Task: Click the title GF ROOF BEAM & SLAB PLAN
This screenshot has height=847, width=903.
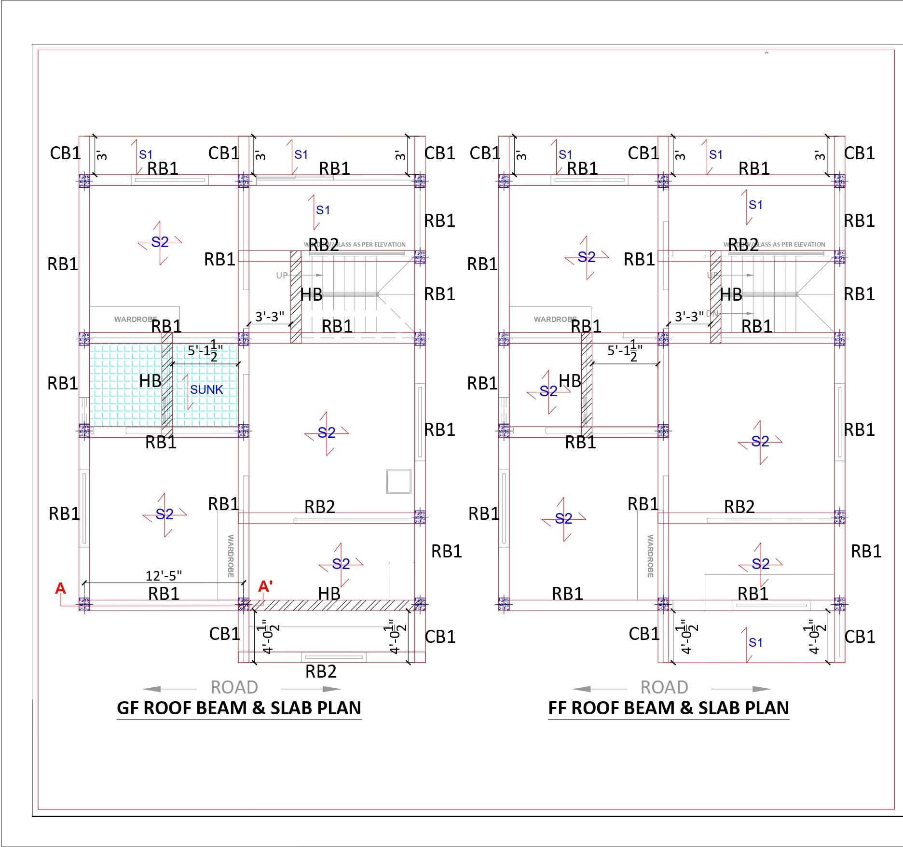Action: point(239,708)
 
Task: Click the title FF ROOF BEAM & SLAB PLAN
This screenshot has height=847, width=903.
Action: point(669,708)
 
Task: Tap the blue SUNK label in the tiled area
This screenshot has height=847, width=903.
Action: point(206,389)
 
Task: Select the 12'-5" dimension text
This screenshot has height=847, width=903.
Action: point(164,575)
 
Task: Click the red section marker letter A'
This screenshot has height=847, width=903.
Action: point(265,586)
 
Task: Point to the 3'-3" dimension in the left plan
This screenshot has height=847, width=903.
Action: point(270,317)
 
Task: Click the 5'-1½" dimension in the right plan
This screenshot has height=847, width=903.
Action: point(625,351)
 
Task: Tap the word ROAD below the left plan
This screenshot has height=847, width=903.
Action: point(234,687)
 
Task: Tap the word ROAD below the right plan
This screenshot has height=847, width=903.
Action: point(664,687)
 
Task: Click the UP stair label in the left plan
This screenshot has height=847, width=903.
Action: point(282,275)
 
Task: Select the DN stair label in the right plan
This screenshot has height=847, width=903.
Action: point(712,313)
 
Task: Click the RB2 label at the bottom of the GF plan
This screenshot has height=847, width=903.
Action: point(321,671)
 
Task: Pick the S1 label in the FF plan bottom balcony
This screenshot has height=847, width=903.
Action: point(755,642)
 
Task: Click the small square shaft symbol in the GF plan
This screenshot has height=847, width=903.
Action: point(398,481)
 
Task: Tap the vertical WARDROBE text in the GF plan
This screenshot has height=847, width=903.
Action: point(231,555)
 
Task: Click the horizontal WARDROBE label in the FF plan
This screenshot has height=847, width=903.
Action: point(555,319)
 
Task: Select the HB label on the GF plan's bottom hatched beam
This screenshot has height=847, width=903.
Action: point(329,593)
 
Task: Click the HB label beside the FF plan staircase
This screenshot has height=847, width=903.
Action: point(731,294)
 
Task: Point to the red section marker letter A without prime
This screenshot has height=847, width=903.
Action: point(60,588)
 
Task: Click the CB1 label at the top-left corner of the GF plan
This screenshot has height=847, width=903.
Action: point(65,153)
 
